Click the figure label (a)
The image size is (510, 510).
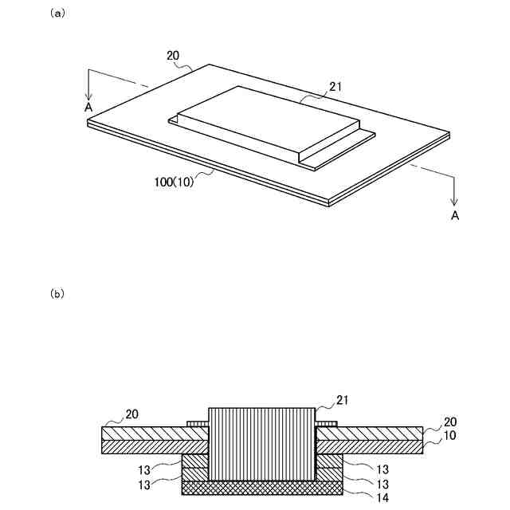coord(57,14)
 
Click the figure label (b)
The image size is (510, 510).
coord(57,293)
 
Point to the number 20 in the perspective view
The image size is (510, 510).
coord(173,57)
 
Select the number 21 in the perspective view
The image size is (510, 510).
coord(335,87)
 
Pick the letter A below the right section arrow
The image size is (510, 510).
coord(455,215)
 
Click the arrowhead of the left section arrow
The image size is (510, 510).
coord(89,94)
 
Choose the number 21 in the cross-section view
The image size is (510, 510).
coord(343,399)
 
